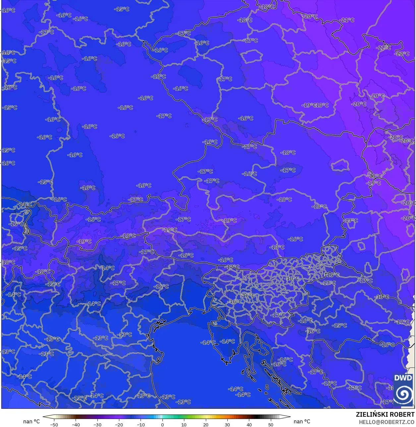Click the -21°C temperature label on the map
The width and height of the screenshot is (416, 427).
pos(347,20)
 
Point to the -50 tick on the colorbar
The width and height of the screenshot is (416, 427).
pos(54,424)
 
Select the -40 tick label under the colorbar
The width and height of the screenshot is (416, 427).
pos(76,424)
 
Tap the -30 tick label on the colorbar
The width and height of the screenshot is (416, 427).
pos(97,424)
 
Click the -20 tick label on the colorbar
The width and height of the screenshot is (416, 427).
pos(119,424)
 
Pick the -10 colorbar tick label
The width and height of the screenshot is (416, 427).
pos(141,424)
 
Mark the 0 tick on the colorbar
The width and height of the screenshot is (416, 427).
pos(162,424)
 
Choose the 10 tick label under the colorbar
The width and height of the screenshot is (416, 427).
pos(184,424)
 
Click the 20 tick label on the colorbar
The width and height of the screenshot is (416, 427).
pos(206,424)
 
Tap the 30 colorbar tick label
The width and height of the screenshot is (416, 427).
pos(227,424)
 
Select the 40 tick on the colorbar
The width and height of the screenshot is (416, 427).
pos(249,424)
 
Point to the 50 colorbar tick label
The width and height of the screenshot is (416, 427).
pos(271,424)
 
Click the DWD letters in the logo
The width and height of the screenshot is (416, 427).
pos(403,378)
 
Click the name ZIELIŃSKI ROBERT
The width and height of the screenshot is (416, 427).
pos(385,414)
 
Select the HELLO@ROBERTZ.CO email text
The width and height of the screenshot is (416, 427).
pos(386,422)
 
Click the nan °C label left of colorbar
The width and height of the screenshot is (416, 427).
pos(31,421)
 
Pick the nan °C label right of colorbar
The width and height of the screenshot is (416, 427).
pos(302,421)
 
